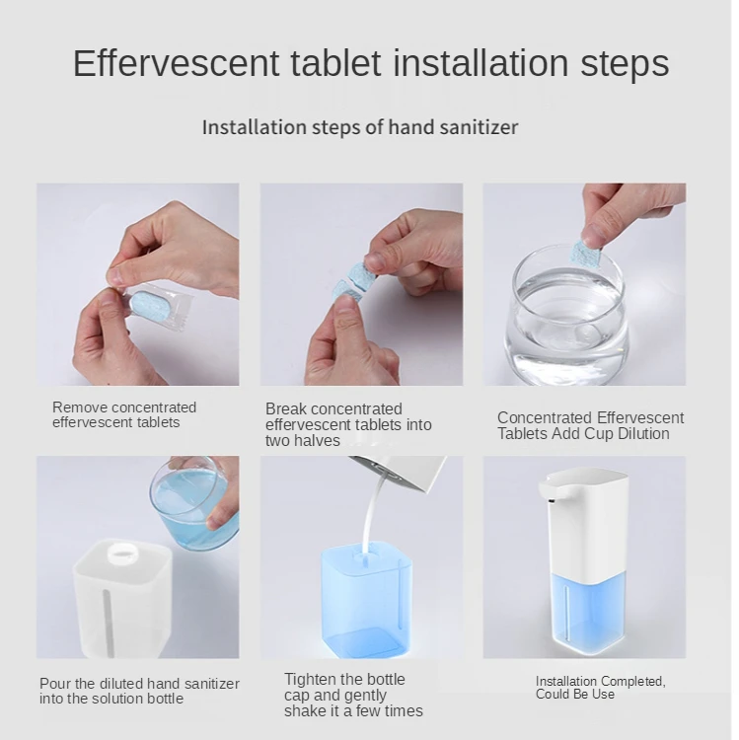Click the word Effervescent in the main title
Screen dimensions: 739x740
point(176,63)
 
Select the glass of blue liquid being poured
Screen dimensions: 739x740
point(194,507)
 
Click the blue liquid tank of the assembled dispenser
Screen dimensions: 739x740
point(590,613)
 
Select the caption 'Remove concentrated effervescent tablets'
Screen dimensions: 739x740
point(124,414)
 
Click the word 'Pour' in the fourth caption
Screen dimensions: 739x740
point(55,684)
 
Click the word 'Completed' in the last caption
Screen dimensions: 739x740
point(632,682)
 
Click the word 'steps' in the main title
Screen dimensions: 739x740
point(625,64)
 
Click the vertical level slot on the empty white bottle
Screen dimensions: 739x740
point(108,623)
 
